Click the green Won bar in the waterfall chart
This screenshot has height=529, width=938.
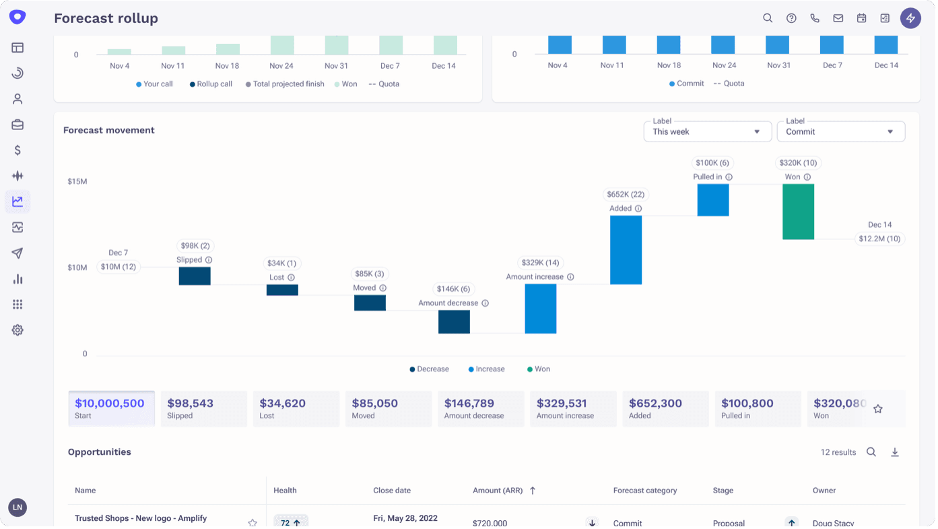click(x=798, y=212)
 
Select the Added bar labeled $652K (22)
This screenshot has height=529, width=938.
click(x=626, y=250)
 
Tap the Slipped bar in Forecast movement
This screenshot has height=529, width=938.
click(x=195, y=276)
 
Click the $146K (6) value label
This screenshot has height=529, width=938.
click(x=453, y=289)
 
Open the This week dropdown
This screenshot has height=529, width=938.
click(x=707, y=131)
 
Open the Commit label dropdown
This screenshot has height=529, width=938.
click(x=840, y=131)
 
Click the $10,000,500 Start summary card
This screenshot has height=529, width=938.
click(x=111, y=408)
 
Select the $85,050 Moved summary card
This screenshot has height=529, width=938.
click(x=388, y=408)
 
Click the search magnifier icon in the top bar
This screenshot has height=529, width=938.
click(x=768, y=18)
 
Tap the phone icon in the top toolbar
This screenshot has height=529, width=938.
click(x=815, y=18)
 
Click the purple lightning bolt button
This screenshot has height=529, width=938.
click(x=910, y=18)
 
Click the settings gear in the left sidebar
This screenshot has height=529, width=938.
click(x=18, y=330)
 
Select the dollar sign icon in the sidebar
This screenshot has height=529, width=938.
click(x=18, y=150)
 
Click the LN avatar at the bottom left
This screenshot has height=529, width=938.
click(x=18, y=507)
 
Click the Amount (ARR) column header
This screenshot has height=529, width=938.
click(x=498, y=491)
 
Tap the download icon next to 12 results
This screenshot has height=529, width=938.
click(x=895, y=452)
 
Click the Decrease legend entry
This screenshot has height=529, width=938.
click(x=429, y=369)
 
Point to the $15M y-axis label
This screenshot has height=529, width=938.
click(x=77, y=181)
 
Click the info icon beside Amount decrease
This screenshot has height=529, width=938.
click(x=485, y=303)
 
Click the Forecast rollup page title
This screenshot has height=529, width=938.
click(x=106, y=18)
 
